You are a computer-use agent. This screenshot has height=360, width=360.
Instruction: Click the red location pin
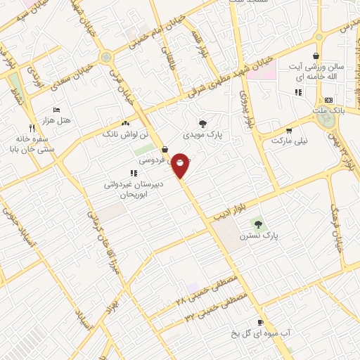coord(181,165)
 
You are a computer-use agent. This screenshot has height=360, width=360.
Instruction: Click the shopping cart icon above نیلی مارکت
coord(288,131)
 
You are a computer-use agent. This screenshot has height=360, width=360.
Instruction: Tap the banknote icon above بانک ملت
coord(329,101)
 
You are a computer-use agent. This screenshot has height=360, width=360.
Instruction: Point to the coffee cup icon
coord(260,323)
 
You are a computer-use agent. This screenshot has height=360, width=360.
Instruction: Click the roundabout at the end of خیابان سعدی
coord(106,57)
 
